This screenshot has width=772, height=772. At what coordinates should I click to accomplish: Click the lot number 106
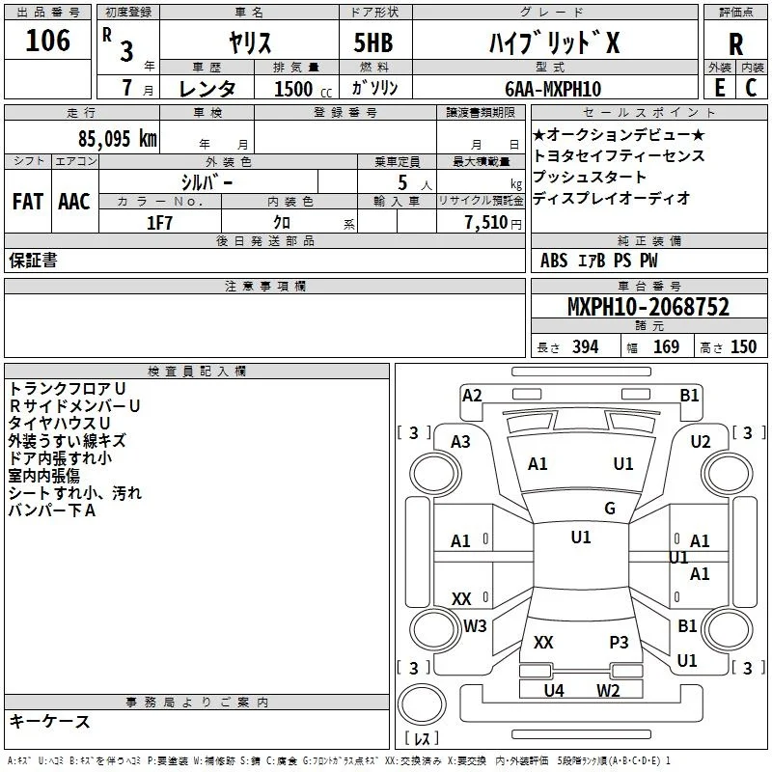[47, 41]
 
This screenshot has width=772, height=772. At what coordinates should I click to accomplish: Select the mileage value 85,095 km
[117, 139]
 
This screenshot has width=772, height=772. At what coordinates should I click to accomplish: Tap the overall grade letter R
[735, 44]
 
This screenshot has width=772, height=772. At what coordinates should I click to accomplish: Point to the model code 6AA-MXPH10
[553, 89]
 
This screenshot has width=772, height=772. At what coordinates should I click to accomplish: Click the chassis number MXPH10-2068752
[648, 307]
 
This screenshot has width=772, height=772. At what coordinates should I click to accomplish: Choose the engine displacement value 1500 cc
[302, 89]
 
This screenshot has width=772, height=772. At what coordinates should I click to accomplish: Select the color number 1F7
[159, 223]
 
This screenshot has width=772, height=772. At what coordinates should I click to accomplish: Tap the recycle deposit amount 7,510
[485, 223]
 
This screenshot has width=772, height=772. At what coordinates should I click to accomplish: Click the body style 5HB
[373, 42]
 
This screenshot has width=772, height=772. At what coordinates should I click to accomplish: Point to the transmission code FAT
[28, 202]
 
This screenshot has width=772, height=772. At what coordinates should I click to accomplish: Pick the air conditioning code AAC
[74, 202]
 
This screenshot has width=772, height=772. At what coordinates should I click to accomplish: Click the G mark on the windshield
[610, 508]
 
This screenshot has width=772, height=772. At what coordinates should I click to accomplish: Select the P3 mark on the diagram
[619, 642]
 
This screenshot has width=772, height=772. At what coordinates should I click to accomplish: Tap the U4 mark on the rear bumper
[553, 691]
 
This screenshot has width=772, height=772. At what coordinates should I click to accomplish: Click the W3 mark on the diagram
[475, 625]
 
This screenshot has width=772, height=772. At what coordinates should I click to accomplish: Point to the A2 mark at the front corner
[472, 396]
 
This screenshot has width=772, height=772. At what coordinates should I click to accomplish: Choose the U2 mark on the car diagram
[701, 442]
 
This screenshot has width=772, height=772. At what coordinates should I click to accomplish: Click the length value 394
[585, 347]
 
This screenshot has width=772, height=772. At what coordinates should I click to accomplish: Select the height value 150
[743, 347]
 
